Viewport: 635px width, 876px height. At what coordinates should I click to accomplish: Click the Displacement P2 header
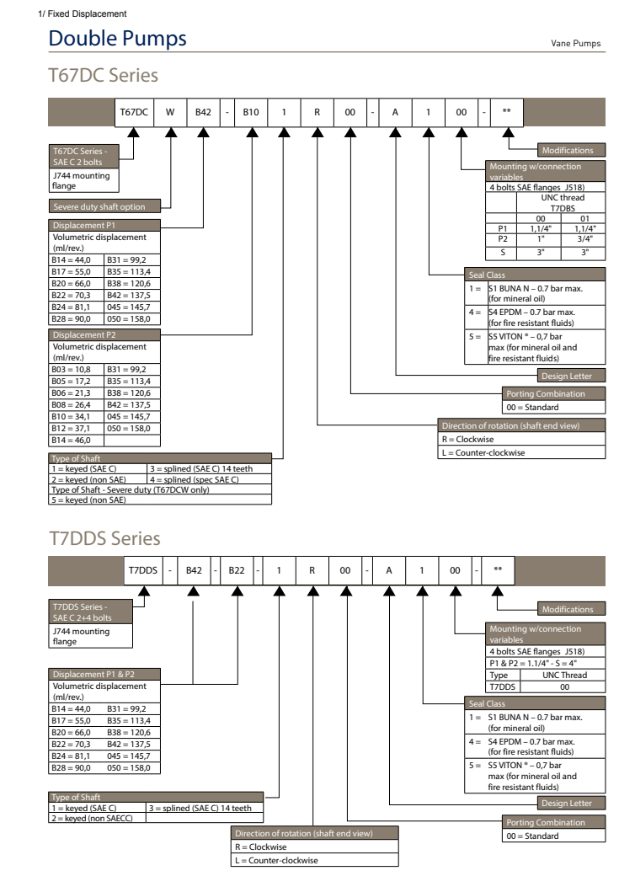tap(83, 334)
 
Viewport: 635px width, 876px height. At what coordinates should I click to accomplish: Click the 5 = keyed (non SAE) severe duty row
tap(88, 500)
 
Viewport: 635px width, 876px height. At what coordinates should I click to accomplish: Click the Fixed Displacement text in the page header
tap(75, 13)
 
